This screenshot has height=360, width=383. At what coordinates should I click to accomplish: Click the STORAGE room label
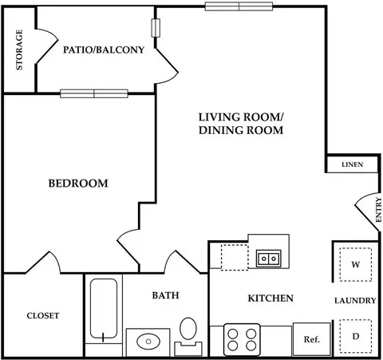click(x=19, y=49)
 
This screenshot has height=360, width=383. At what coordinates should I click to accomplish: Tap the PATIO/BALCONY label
click(x=104, y=49)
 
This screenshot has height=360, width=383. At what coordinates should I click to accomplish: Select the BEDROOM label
click(x=78, y=184)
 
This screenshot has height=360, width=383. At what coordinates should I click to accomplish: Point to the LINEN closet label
click(x=352, y=164)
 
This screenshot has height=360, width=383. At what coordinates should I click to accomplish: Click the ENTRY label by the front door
click(x=378, y=210)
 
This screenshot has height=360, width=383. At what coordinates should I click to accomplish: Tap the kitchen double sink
click(x=269, y=259)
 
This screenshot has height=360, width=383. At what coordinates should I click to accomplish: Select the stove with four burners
click(x=242, y=340)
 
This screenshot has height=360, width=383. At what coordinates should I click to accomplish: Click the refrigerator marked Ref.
click(x=312, y=339)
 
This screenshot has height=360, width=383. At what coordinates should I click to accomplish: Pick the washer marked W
click(x=356, y=264)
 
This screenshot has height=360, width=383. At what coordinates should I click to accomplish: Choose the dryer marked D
click(x=356, y=336)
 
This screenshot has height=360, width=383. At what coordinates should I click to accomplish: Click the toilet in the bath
click(x=188, y=337)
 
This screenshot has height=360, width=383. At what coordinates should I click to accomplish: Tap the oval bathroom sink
click(x=148, y=341)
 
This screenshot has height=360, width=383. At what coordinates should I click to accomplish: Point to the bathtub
click(x=104, y=309)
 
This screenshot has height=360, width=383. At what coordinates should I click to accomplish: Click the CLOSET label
click(x=43, y=315)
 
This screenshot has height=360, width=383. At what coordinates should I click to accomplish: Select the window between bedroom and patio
click(x=94, y=93)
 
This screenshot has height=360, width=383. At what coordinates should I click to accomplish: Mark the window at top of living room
click(x=239, y=6)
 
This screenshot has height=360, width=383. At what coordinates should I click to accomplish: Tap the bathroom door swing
click(x=184, y=262)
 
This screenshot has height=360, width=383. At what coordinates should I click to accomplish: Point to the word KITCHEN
click(x=270, y=299)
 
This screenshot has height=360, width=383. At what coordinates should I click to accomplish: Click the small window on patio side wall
click(x=156, y=28)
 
